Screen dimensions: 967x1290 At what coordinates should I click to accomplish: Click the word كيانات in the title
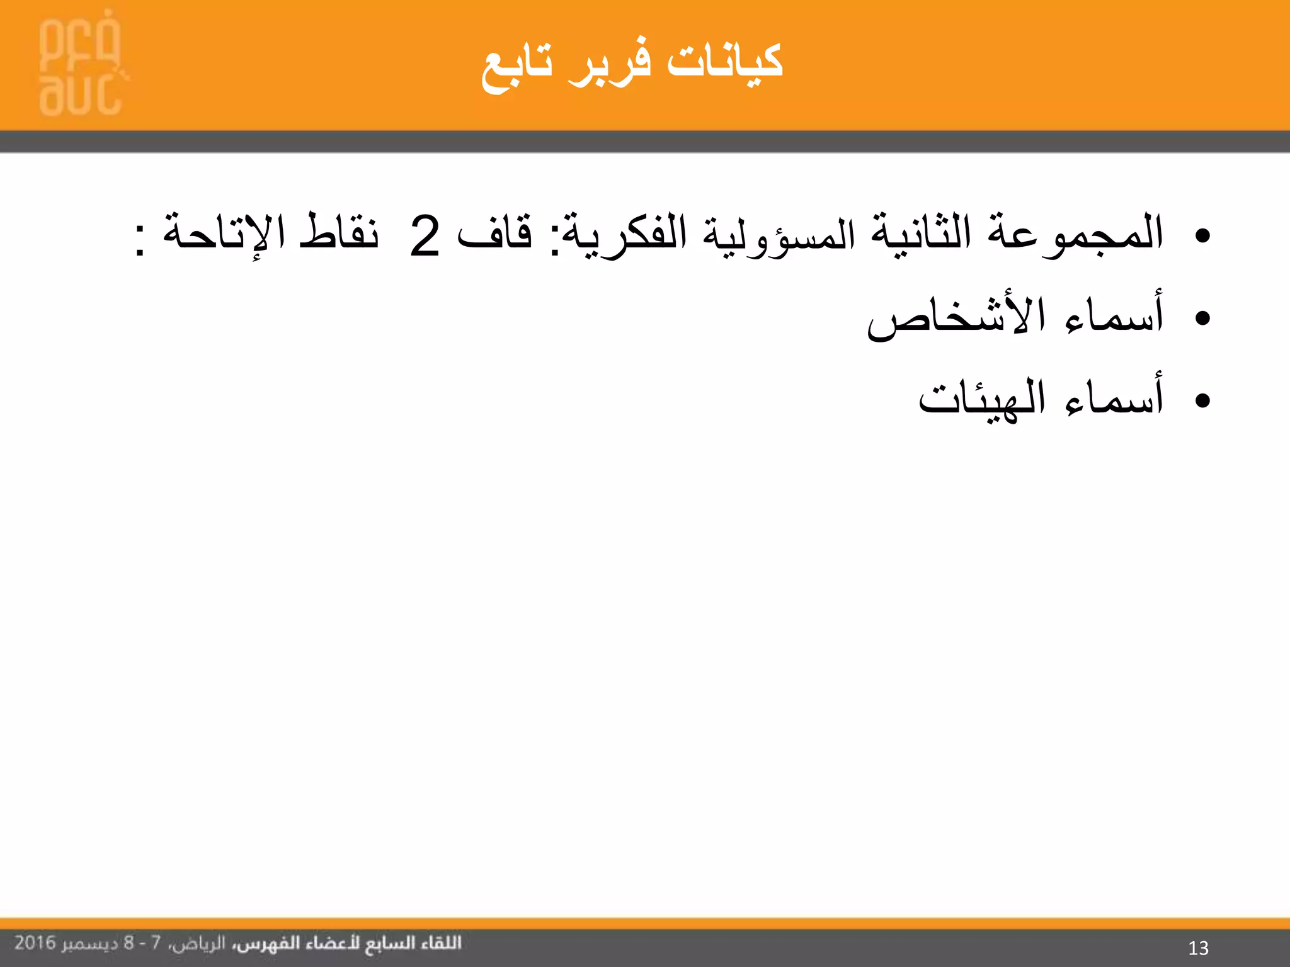tap(724, 63)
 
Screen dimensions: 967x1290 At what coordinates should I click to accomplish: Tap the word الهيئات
tap(981, 399)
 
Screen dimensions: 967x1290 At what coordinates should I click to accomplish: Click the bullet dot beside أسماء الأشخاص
tap(1202, 319)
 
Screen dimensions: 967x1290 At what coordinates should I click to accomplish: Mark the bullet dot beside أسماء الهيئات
tap(1202, 400)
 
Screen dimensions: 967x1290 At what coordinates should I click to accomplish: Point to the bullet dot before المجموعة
tap(1202, 236)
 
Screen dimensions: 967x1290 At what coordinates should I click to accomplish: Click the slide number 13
tap(1198, 947)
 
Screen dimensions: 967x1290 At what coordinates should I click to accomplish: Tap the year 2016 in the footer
tap(35, 942)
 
